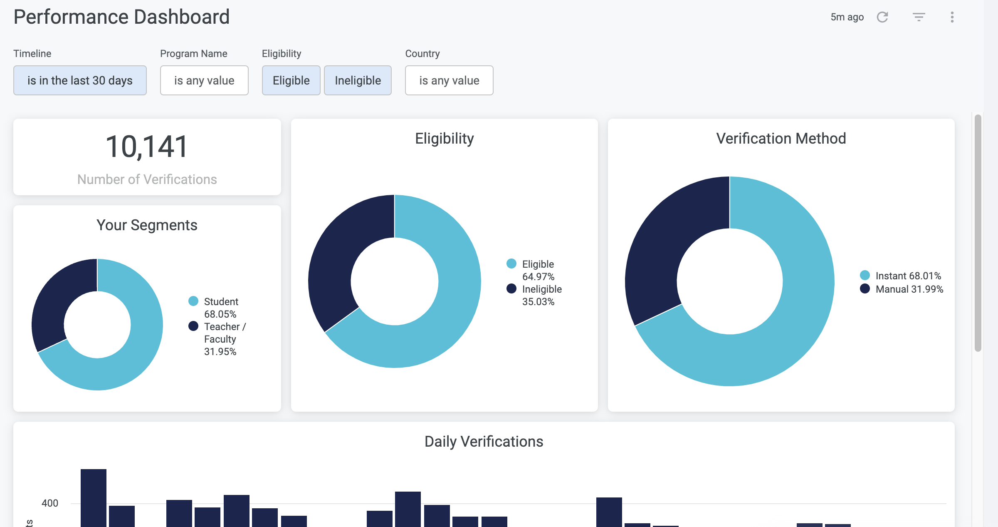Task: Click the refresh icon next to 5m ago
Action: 882,17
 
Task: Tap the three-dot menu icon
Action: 952,17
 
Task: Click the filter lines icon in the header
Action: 919,17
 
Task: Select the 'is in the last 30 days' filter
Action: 80,80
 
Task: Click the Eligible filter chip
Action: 291,80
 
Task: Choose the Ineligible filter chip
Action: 358,80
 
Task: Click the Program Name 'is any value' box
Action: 204,80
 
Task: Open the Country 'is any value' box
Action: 449,80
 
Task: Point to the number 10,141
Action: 147,147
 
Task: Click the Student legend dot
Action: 193,301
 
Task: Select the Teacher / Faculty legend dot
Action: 193,326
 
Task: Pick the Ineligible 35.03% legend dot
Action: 511,288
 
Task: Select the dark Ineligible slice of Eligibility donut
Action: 341,254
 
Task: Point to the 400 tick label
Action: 50,503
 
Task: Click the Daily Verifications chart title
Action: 484,441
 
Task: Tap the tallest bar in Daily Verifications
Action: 94,497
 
